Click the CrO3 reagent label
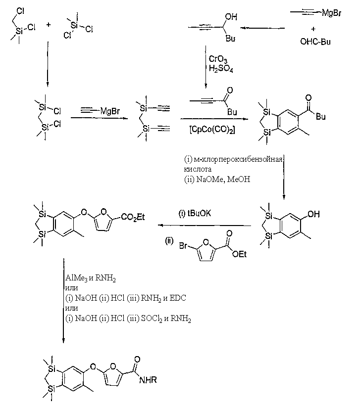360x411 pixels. coord(218,59)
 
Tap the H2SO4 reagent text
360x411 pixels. coord(221,69)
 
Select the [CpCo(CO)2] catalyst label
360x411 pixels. coord(212,130)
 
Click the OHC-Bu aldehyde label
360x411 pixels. coord(315,42)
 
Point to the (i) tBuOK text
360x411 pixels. coord(195,213)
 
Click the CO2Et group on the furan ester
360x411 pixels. coord(133,217)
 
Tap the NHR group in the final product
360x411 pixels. coord(148,379)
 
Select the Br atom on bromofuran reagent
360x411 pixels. coord(183,246)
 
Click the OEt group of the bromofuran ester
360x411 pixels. coord(239,254)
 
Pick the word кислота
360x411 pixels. coord(198,169)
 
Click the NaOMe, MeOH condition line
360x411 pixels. coord(217,180)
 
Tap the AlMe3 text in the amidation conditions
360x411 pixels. coord(76,278)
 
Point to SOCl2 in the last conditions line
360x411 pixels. coord(152,319)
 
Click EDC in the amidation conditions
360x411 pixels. coord(178,298)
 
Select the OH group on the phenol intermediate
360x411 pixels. coord(313,214)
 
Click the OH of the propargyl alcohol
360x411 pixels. coord(231,17)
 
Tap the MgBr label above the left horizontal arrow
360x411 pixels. coord(110,111)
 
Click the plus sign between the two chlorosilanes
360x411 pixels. coord(48,25)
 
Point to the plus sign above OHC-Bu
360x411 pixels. coord(313,29)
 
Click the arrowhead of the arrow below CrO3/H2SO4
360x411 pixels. coord(206,86)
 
